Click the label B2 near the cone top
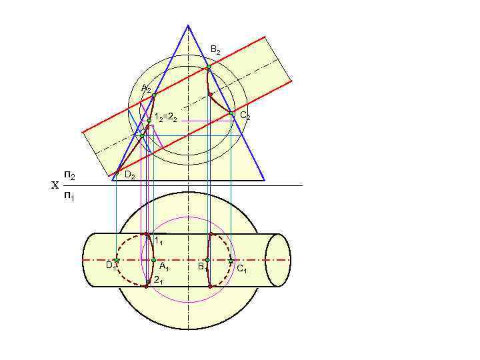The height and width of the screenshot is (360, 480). tap(215, 50)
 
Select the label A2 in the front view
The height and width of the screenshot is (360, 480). tap(146, 89)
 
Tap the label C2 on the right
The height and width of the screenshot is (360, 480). tap(245, 116)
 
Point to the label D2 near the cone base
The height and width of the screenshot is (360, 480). tap(130, 176)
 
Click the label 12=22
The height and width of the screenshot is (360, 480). tap(165, 118)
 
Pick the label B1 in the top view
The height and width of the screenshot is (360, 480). tap(201, 267)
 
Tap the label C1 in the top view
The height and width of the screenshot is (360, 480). tap(241, 269)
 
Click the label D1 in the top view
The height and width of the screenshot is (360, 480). tap(109, 265)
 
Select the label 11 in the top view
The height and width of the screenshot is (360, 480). tap(159, 240)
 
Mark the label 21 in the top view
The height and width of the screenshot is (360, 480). tap(158, 281)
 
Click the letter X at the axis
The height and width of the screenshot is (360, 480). tap(55, 185)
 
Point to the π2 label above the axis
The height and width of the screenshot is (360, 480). tap(69, 175)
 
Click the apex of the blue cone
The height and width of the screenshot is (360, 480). tap(188, 25)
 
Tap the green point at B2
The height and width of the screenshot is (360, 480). tap(209, 67)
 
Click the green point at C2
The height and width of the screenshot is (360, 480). tap(231, 113)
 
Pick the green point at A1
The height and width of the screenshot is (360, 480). tap(153, 260)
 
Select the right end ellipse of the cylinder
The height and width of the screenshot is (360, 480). tap(278, 260)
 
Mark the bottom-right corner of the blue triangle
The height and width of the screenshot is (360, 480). tap(265, 180)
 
